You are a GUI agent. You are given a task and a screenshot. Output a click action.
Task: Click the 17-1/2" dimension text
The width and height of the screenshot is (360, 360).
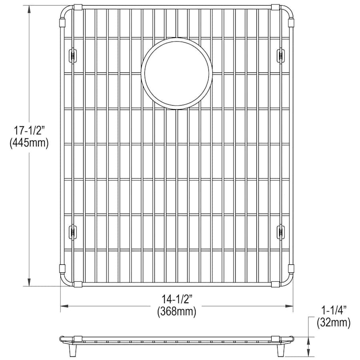point(29,131)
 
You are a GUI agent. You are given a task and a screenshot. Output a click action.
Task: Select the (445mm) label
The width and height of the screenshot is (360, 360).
point(29,144)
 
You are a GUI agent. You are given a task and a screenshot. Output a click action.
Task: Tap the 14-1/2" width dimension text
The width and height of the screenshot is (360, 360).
point(177,299)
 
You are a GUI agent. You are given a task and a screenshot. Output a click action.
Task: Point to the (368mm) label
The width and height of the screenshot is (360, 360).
point(177,312)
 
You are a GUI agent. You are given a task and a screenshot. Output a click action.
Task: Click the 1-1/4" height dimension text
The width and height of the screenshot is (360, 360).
point(333,311)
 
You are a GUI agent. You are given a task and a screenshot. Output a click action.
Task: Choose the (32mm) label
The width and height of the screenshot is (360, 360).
point(334,323)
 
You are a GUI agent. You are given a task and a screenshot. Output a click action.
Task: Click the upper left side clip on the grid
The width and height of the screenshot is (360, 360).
point(73,55)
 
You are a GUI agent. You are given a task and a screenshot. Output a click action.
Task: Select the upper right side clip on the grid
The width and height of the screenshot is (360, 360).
point(280,55)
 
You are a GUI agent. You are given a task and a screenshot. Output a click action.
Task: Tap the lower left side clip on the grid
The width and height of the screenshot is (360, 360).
point(73,232)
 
